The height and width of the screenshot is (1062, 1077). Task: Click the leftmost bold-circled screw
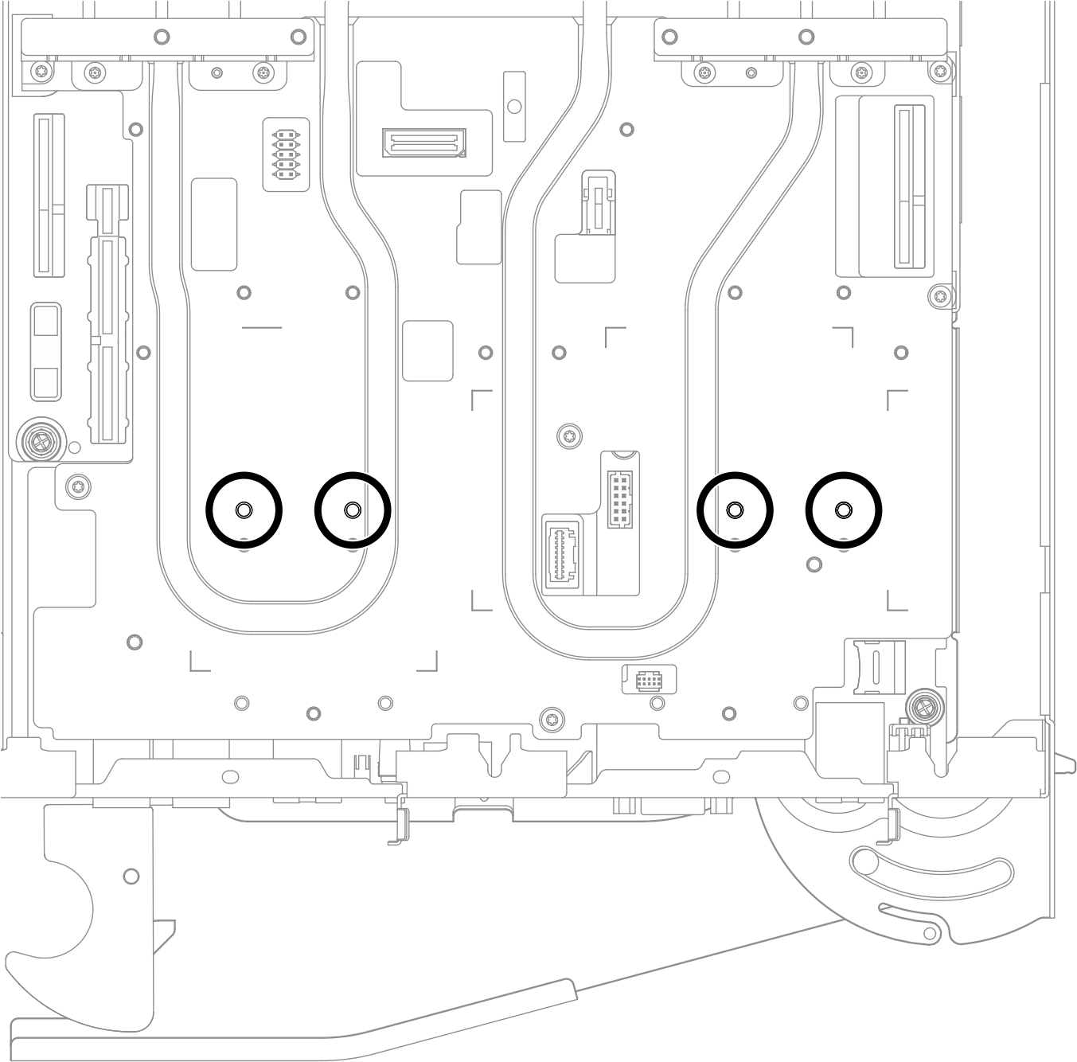[244, 510]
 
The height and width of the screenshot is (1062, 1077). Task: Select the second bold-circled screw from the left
[353, 510]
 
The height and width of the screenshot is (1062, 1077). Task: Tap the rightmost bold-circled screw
[843, 510]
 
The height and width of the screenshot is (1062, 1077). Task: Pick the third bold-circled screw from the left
[735, 510]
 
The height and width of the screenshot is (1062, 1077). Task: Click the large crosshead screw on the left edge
[37, 439]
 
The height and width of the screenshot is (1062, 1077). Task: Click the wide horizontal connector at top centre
[423, 143]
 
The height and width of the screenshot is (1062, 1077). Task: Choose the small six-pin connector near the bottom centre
[649, 681]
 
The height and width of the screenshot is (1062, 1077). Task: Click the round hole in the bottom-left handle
[131, 877]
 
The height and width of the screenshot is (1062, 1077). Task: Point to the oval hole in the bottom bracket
[230, 775]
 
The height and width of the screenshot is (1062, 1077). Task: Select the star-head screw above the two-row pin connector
[569, 435]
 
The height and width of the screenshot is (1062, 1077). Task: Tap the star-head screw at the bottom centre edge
[549, 720]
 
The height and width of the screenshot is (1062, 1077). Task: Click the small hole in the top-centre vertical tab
[514, 105]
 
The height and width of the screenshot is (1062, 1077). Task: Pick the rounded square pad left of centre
[427, 351]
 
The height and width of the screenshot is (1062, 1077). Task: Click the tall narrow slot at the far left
[49, 195]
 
